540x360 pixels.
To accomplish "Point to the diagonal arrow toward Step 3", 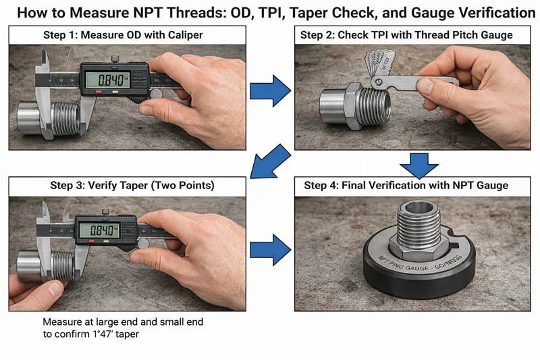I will (270, 160).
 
